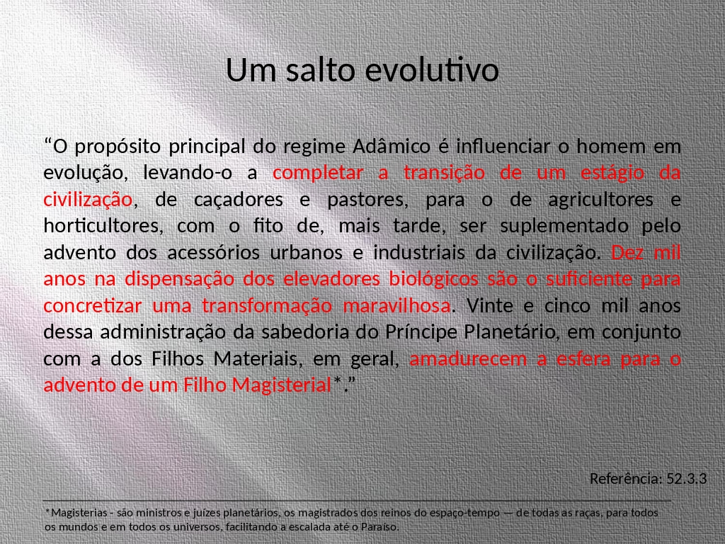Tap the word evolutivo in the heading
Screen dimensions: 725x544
coord(432,70)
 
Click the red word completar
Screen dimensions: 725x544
coord(318,174)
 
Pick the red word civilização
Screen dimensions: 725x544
coord(88,200)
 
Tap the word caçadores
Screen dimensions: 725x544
coord(238,200)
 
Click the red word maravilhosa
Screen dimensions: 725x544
coord(396,306)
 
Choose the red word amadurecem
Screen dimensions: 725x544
coord(468,359)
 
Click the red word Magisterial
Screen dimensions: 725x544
coord(282,385)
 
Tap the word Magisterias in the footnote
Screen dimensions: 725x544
coord(79,513)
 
